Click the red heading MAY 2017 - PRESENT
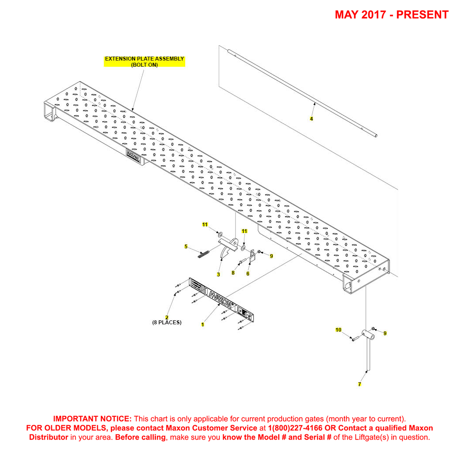coord(391,14)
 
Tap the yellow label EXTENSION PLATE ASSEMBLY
coord(144,59)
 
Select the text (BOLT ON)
coord(144,65)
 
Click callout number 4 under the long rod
coord(312,119)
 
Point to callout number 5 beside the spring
coord(186,247)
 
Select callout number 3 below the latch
coord(218,275)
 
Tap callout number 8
coord(233,273)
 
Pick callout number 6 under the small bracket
coord(248,273)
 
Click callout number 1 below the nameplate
coord(202,325)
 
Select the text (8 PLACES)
coord(167,323)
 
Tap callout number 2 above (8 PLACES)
coord(167,317)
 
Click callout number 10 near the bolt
coord(338,330)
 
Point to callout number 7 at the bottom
coord(360,384)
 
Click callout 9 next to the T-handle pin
coord(385,333)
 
